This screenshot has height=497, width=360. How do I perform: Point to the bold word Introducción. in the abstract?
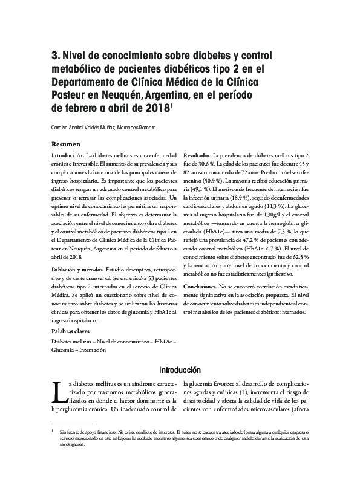point(67,156)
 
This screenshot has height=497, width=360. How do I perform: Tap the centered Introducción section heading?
point(180,370)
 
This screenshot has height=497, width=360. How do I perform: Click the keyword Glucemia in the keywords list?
point(63,350)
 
